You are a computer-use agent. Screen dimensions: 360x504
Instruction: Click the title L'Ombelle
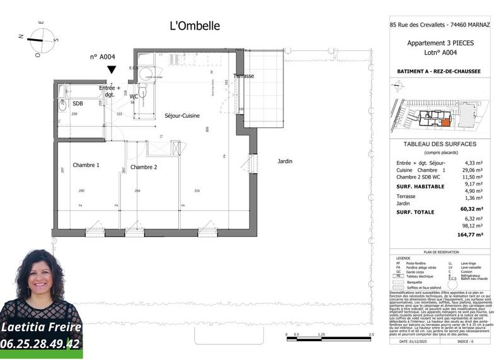[195, 26]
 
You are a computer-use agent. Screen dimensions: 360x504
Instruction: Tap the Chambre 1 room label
[86, 166]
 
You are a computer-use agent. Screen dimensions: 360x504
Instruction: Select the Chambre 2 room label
[144, 167]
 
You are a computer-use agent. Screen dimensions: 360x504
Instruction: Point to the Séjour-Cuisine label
[183, 116]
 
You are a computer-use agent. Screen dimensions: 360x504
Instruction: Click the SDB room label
[77, 103]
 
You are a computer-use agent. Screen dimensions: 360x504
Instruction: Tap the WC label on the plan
[134, 96]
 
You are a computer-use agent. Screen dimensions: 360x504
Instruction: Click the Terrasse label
[243, 76]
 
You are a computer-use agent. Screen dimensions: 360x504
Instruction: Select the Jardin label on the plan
[285, 161]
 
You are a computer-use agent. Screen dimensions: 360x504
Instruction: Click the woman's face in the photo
[42, 280]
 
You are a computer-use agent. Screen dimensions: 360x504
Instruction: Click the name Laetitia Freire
[41, 327]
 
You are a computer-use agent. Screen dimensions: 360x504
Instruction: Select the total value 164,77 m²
[471, 234]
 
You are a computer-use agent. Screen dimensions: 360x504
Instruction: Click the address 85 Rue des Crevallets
[416, 26]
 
